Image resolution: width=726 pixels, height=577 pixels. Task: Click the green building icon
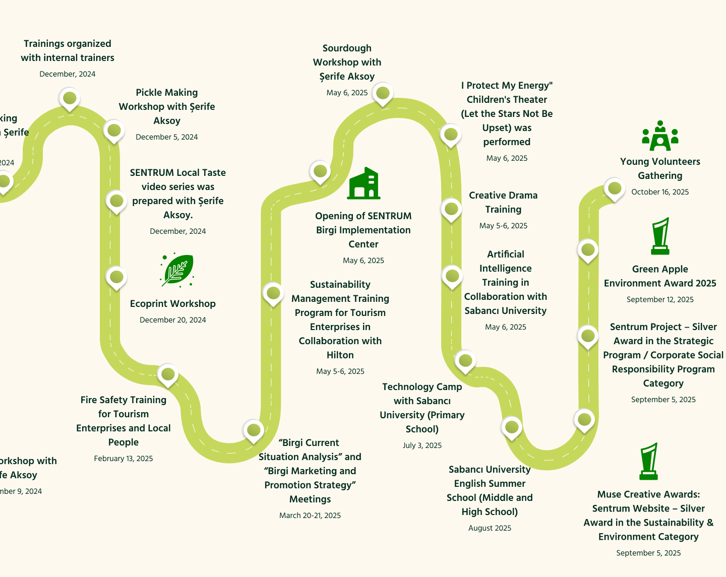(364, 183)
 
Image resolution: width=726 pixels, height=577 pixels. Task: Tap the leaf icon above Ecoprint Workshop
(177, 270)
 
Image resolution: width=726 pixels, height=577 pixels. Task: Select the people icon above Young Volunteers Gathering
(660, 136)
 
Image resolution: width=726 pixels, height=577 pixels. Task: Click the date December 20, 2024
(173, 320)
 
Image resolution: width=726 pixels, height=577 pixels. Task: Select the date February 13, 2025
(124, 459)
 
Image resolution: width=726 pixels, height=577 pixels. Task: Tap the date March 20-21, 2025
(310, 516)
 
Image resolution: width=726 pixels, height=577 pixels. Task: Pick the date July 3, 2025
(422, 445)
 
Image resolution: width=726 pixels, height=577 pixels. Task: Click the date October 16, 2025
(660, 192)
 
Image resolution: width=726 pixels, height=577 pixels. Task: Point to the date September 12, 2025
(660, 299)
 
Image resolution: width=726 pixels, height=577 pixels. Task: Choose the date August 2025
(490, 528)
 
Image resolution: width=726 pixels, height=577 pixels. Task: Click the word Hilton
(340, 355)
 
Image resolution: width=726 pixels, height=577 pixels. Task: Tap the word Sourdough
(347, 48)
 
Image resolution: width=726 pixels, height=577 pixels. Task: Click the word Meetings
(310, 499)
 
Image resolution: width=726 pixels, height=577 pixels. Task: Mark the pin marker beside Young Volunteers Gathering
(614, 189)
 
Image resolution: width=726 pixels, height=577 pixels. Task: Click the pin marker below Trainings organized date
(70, 98)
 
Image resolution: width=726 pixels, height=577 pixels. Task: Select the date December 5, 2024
(167, 137)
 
